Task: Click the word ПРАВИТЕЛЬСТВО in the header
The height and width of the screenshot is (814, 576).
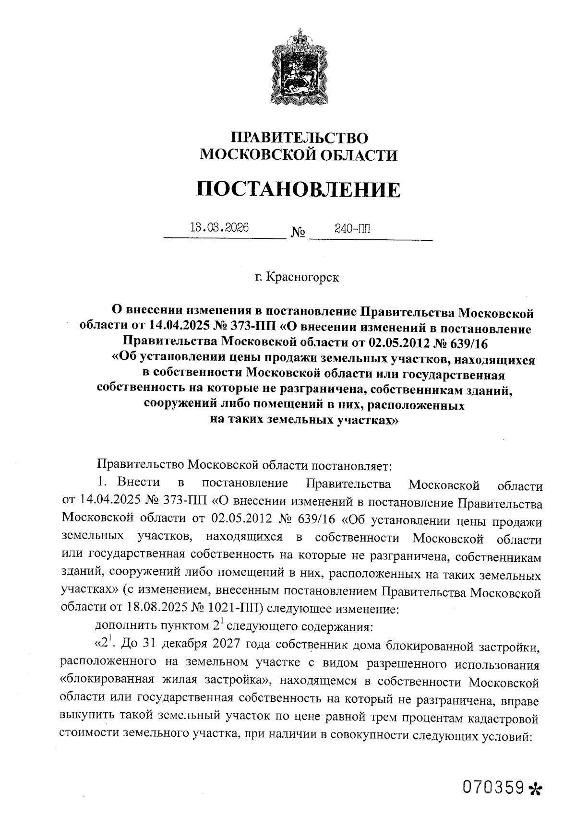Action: click(x=300, y=138)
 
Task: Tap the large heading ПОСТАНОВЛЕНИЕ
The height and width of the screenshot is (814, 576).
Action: click(x=298, y=189)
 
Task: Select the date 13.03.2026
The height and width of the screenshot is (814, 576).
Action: click(x=219, y=227)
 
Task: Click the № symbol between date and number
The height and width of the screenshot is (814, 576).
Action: click(x=298, y=234)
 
